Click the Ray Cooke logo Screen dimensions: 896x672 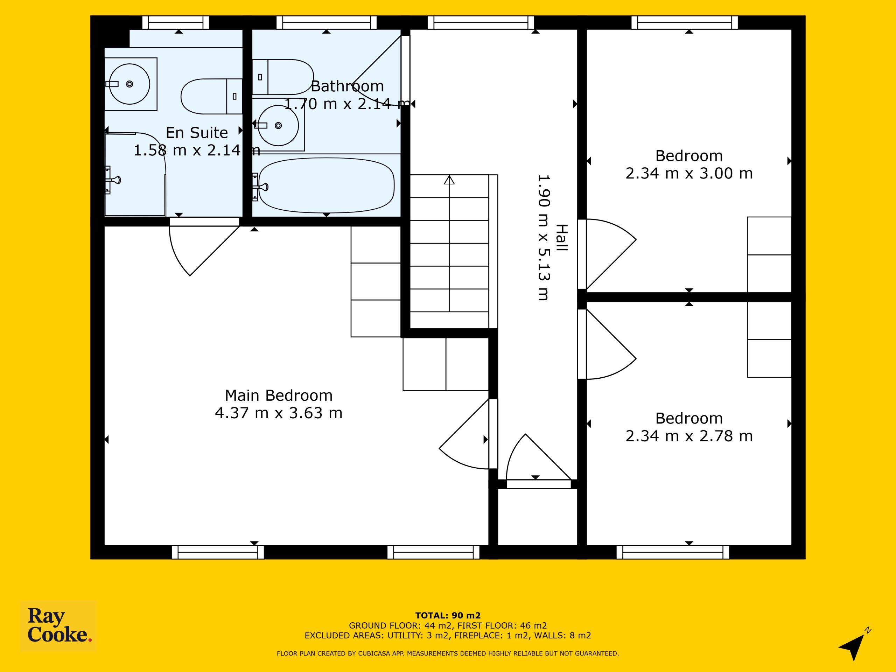pyautogui.click(x=58, y=626)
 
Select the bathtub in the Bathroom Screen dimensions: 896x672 pyautogui.click(x=326, y=185)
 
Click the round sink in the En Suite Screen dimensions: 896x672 pyautogui.click(x=129, y=84)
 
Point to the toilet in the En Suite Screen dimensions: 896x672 pyautogui.click(x=211, y=96)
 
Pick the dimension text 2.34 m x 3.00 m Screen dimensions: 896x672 pyautogui.click(x=689, y=173)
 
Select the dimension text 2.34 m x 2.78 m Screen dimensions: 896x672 pyautogui.click(x=689, y=436)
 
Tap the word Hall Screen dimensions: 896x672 pyautogui.click(x=561, y=238)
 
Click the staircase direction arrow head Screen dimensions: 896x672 pyautogui.click(x=449, y=180)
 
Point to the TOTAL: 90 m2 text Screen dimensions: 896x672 pyautogui.click(x=448, y=616)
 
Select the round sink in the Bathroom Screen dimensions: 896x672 pyautogui.click(x=278, y=126)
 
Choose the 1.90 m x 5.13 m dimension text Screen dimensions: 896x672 pyautogui.click(x=544, y=238)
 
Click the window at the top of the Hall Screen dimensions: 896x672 pyautogui.click(x=481, y=23)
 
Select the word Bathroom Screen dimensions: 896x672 pyautogui.click(x=347, y=86)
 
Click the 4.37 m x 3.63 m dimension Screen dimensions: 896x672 pyautogui.click(x=279, y=413)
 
